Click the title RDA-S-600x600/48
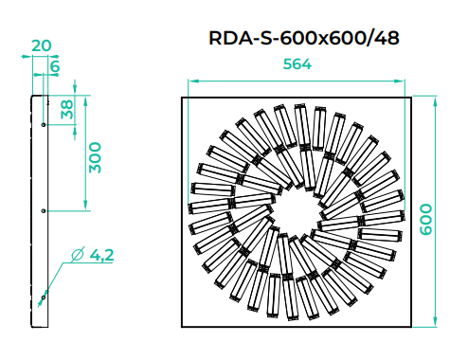(304, 38)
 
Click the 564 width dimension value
(297, 64)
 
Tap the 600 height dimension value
(426, 219)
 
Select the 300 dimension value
(95, 157)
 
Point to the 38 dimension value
(67, 109)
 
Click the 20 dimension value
(42, 45)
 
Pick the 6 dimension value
(55, 66)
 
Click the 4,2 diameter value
(101, 255)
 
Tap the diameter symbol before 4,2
(78, 254)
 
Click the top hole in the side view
(44, 125)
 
